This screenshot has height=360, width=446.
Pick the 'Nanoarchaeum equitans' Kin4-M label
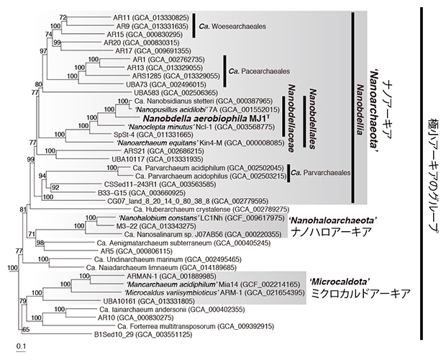pyautogui.click(x=184, y=144)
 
